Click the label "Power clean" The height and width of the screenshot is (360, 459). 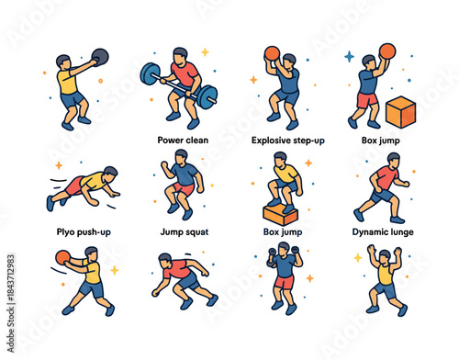click(x=182, y=141)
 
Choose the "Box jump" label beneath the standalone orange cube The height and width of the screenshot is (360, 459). click(x=381, y=141)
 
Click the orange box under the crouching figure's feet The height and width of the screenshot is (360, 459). click(x=280, y=215)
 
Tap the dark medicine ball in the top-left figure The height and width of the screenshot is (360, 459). click(x=100, y=55)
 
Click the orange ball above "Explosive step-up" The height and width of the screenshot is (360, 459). click(x=271, y=52)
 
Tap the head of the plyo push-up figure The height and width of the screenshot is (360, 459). click(x=110, y=174)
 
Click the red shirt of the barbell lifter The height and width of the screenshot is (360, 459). click(x=185, y=73)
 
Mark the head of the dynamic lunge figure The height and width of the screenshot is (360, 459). click(x=383, y=159)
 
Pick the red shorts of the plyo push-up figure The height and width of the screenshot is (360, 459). click(x=73, y=186)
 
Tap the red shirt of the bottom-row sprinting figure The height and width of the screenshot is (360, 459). click(x=178, y=270)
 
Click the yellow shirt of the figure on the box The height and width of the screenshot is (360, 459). click(x=286, y=172)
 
